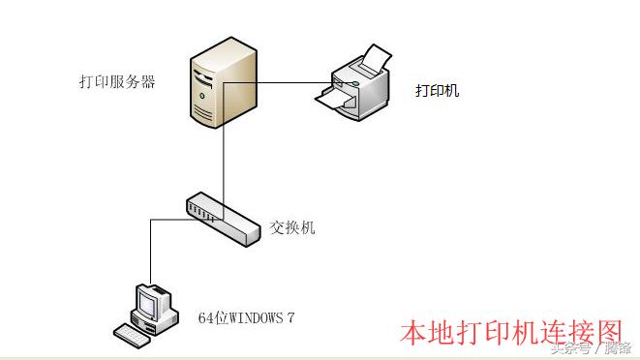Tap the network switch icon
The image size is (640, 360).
coord(224,220)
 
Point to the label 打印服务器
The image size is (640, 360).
coord(117,82)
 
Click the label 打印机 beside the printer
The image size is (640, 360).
coord(437,91)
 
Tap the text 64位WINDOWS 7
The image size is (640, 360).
coord(246,316)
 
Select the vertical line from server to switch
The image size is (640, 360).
coord(224,160)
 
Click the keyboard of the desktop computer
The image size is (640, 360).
coord(137,333)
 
